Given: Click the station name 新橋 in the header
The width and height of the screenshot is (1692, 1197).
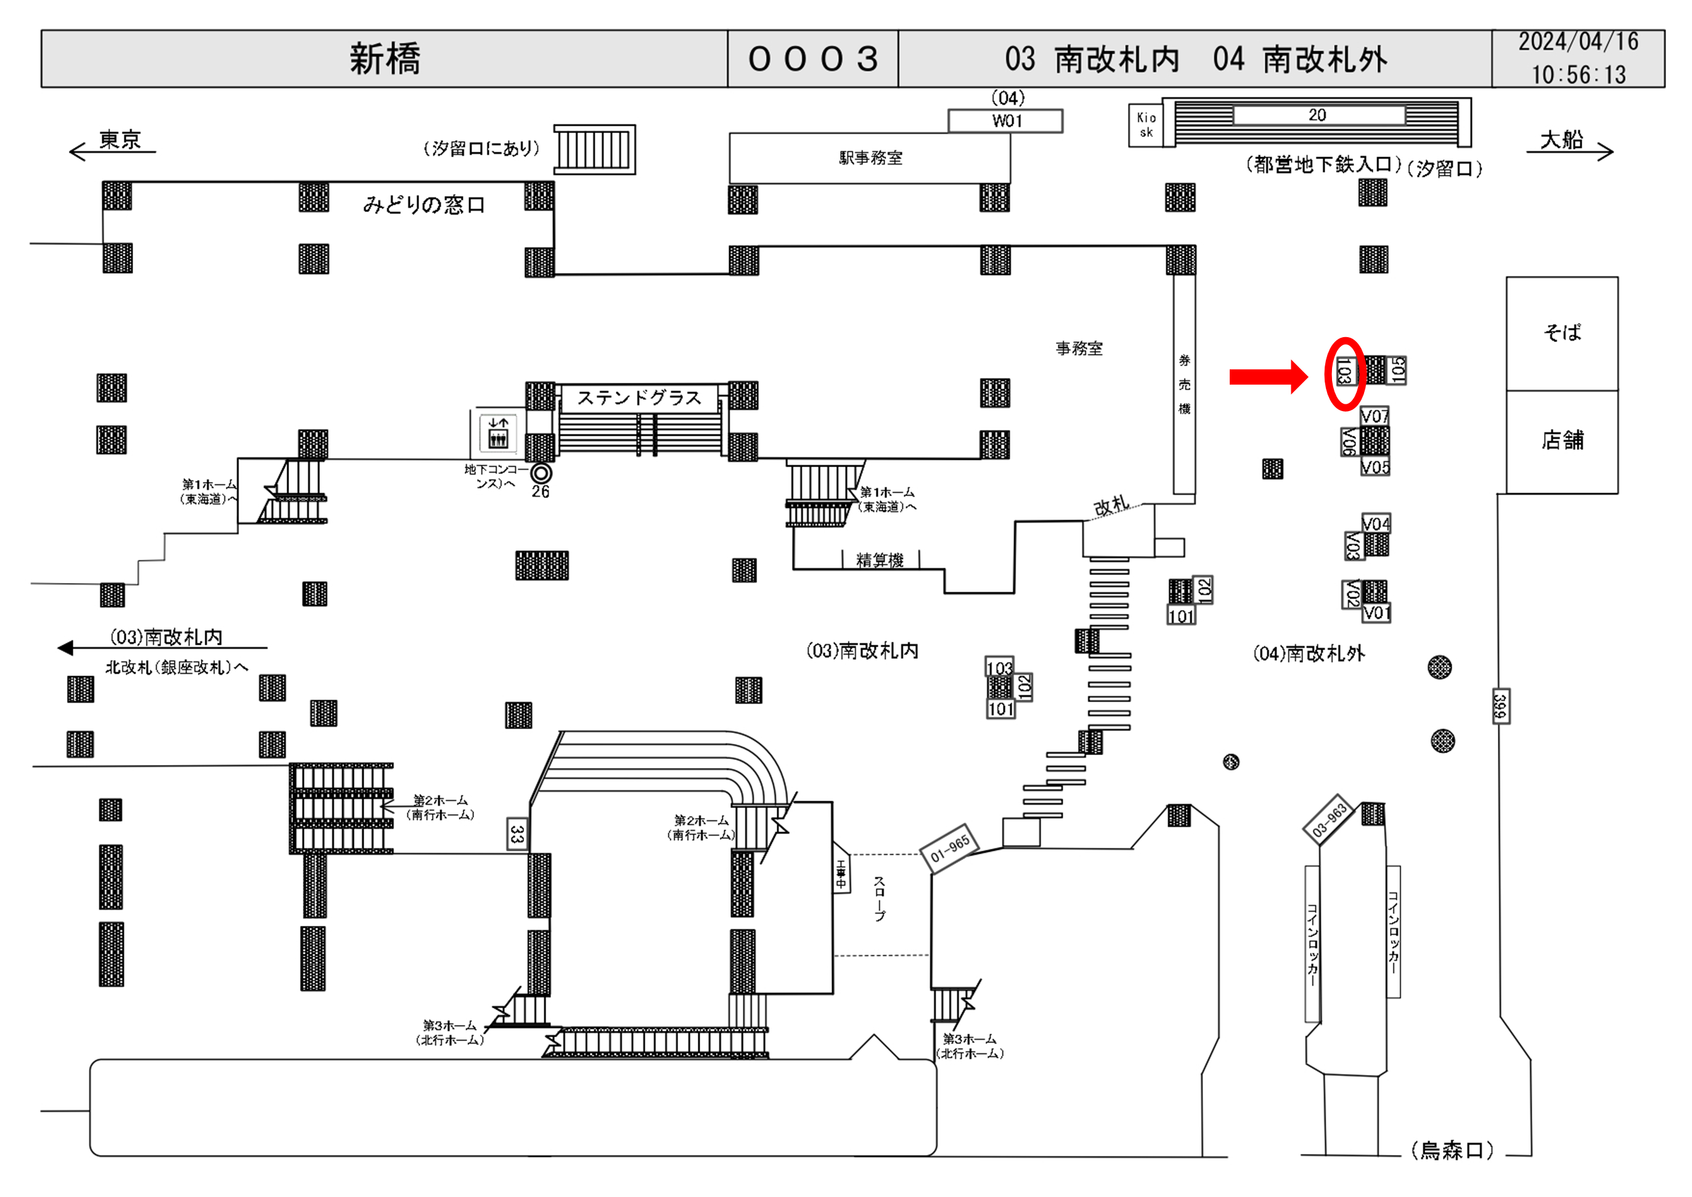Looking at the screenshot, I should [385, 59].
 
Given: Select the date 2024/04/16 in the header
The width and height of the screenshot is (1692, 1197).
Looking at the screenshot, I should [1578, 42].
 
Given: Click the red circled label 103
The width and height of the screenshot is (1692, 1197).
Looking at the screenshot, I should [1344, 372].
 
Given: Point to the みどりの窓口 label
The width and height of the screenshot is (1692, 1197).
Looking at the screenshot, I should [423, 205].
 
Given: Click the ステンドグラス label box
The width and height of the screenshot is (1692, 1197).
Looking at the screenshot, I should [639, 398].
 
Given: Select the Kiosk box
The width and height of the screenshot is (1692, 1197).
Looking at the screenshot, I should [1146, 125].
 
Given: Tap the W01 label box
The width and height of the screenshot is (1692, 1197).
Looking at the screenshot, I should [1006, 121].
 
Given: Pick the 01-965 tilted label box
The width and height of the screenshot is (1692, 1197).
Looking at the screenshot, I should [950, 850].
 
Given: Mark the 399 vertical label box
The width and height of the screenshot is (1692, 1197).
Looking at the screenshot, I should [1500, 707].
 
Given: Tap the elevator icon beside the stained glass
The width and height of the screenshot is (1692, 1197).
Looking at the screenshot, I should [498, 432].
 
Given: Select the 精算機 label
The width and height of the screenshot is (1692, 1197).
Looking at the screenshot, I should [880, 560].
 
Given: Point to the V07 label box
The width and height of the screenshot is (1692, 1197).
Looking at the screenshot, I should [1375, 417].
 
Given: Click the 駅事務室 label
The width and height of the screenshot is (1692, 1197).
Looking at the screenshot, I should [870, 158].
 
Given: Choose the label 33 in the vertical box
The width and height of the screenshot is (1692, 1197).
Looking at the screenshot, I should [517, 833].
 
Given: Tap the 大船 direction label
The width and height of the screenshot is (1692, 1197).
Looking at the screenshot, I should [1561, 139].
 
